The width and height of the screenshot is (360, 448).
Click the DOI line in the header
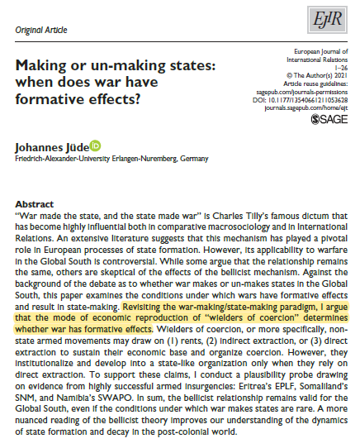coord(306,97)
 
